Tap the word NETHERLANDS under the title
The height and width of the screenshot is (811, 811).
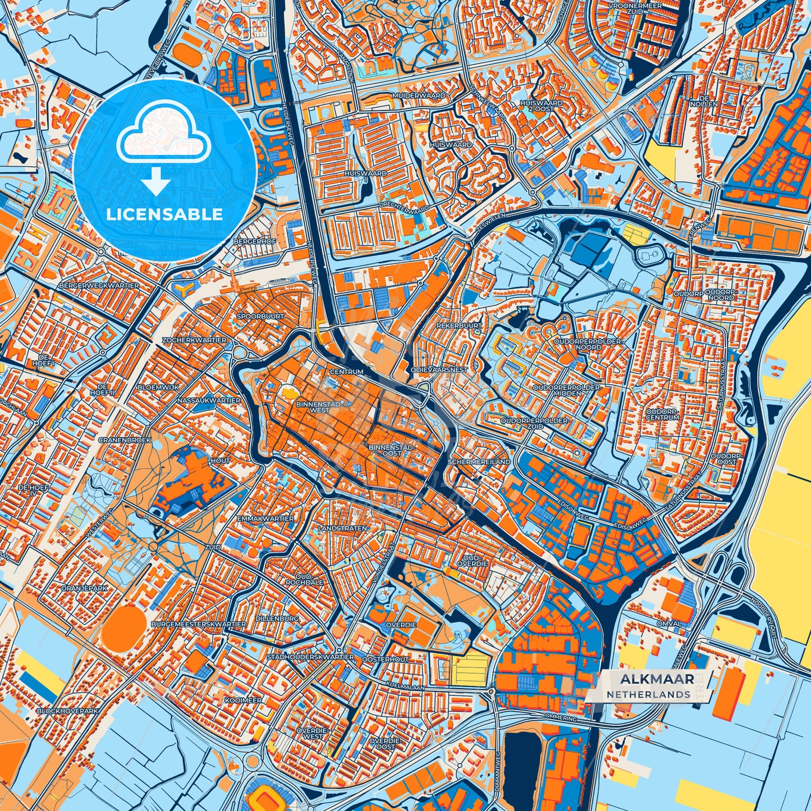[x=648, y=694]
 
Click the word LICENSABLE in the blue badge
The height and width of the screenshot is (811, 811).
[x=165, y=214]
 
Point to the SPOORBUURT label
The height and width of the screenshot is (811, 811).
[x=260, y=317]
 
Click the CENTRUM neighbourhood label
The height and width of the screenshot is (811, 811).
[x=346, y=372]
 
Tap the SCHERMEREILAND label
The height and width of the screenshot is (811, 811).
[x=479, y=461]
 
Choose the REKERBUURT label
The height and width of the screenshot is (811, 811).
[x=459, y=326]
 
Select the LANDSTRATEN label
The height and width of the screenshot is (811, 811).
[x=342, y=529]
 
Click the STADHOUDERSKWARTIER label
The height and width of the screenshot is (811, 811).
[x=310, y=657]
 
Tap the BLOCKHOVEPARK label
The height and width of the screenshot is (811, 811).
[x=67, y=711]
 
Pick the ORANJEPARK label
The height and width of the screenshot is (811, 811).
[x=84, y=589]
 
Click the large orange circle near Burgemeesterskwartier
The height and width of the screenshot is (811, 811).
[x=125, y=628]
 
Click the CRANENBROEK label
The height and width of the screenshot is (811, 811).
[x=125, y=441]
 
